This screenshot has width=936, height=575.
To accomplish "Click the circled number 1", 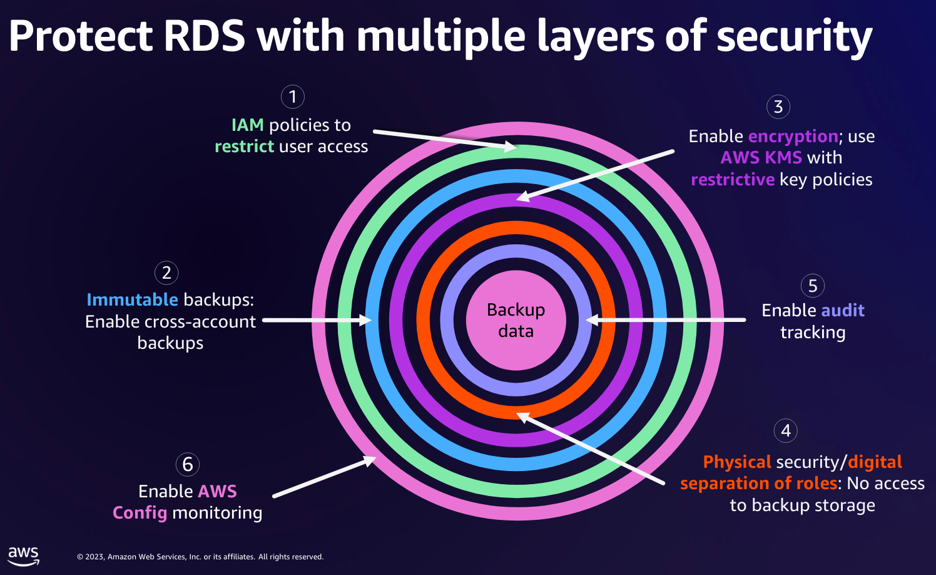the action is (293, 96).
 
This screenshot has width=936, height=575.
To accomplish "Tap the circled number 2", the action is (166, 272).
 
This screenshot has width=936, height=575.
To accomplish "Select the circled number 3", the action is (778, 106).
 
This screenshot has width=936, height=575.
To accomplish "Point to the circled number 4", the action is (786, 430).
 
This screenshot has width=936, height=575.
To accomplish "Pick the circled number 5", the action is (812, 286).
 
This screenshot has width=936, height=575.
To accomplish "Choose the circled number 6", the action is (188, 464).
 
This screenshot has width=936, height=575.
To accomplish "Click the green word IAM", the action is (247, 125).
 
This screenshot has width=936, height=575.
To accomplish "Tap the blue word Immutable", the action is (132, 300).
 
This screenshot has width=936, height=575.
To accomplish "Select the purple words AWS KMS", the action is (761, 158).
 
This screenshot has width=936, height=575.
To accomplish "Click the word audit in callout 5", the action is (842, 310).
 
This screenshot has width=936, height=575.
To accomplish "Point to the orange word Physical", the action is (737, 462).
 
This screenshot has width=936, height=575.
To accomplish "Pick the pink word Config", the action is (140, 513).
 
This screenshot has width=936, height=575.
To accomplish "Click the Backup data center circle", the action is (516, 320).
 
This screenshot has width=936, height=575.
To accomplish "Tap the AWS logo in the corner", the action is (23, 556).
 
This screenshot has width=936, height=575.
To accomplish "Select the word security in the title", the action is (795, 38).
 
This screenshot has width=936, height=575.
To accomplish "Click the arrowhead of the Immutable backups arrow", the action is (365, 320).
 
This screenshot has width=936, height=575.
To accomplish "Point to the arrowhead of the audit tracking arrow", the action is (592, 320).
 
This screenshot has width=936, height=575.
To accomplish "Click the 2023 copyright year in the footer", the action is (94, 557).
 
